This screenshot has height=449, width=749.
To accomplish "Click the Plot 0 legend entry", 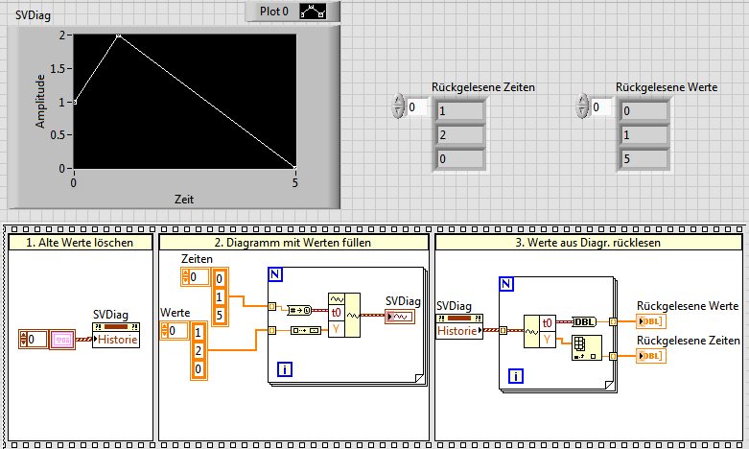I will pyautogui.click(x=273, y=12).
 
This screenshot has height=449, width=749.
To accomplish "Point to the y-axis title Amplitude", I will pyautogui.click(x=40, y=101).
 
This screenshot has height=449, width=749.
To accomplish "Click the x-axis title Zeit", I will pyautogui.click(x=184, y=199).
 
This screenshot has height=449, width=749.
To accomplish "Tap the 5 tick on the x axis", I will pyautogui.click(x=295, y=183).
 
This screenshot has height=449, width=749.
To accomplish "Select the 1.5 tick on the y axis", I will pyautogui.click(x=60, y=68).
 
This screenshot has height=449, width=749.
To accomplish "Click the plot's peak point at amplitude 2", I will pyautogui.click(x=118, y=35).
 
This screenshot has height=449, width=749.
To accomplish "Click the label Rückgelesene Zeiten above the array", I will pyautogui.click(x=483, y=86).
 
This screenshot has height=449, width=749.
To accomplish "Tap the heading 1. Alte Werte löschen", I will pyautogui.click(x=80, y=243).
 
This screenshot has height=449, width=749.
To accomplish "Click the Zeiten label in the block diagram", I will pyautogui.click(x=199, y=260).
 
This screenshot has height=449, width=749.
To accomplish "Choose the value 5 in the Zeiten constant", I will pyautogui.click(x=220, y=315).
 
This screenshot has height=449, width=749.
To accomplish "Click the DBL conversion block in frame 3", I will pyautogui.click(x=583, y=321).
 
